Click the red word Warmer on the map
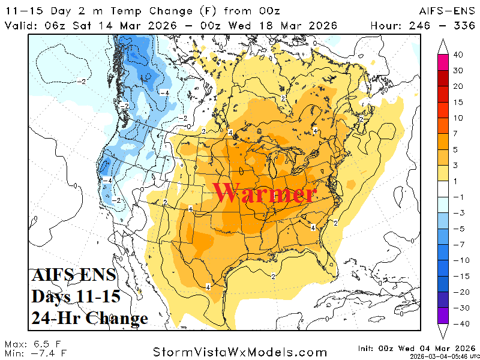264,193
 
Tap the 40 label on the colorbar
458,55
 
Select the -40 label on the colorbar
460,323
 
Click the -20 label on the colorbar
460,292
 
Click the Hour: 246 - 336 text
428,26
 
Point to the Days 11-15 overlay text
75,296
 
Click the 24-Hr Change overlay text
89,318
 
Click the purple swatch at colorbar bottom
443,316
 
